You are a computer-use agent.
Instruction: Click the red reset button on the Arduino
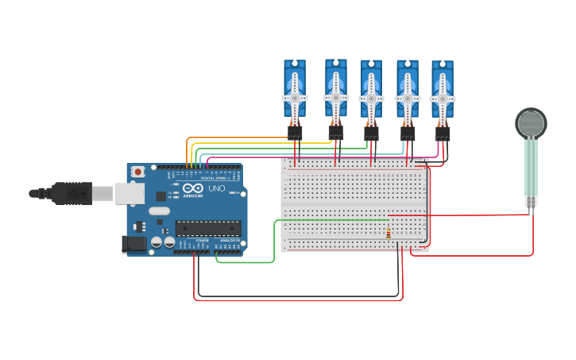pos(138,171)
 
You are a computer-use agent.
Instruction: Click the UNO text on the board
pos(216,188)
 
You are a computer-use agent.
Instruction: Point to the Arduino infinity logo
pos(193,189)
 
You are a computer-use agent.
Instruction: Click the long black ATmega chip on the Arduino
pos(208,228)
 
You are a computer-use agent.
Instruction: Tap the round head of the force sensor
pos(531,123)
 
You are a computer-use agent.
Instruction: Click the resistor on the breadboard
pos(388,234)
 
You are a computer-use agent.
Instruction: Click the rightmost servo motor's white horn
pos(443,99)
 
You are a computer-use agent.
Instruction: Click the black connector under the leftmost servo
pos(295,134)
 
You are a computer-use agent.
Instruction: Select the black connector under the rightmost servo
pos(443,134)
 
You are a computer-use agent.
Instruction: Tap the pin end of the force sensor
pos(531,202)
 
